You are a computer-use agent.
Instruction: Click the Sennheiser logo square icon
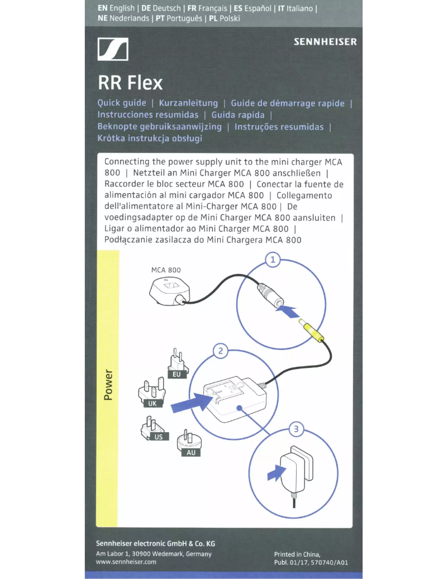(113, 49)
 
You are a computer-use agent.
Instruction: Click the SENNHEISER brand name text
(325, 42)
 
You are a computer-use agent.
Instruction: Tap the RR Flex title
(130, 83)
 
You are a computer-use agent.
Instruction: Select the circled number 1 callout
(273, 260)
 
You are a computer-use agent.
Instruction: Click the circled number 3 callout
(297, 429)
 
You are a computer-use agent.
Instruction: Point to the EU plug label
(177, 375)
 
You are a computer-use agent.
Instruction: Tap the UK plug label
(152, 403)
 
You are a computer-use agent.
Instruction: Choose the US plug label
(159, 437)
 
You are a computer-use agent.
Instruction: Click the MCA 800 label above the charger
(166, 270)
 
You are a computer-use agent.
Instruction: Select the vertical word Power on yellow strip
(108, 385)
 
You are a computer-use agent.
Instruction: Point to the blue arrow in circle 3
(275, 472)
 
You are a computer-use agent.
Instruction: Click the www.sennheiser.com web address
(126, 562)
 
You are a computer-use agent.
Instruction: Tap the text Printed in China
(297, 554)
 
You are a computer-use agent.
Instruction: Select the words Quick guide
(122, 103)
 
